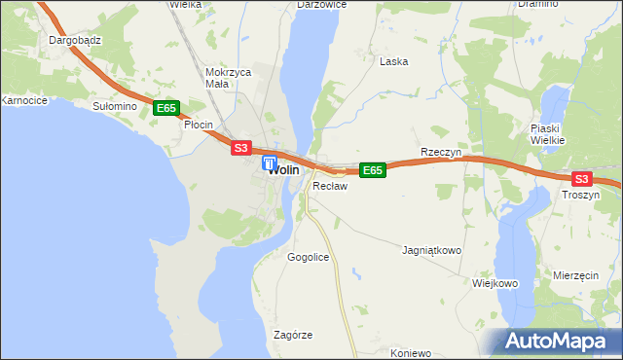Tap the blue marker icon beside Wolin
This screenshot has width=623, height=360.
(x=270, y=164)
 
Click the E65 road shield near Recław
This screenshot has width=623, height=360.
(x=373, y=170)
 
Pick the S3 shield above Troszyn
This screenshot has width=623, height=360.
(x=581, y=179)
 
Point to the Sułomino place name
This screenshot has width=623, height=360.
(x=112, y=106)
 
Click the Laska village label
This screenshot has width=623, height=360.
(x=393, y=61)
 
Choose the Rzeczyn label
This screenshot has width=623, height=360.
(x=440, y=153)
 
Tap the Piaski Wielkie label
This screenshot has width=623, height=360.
(x=548, y=134)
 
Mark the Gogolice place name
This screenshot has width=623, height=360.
(x=309, y=257)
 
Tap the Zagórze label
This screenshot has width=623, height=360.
(x=293, y=335)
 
